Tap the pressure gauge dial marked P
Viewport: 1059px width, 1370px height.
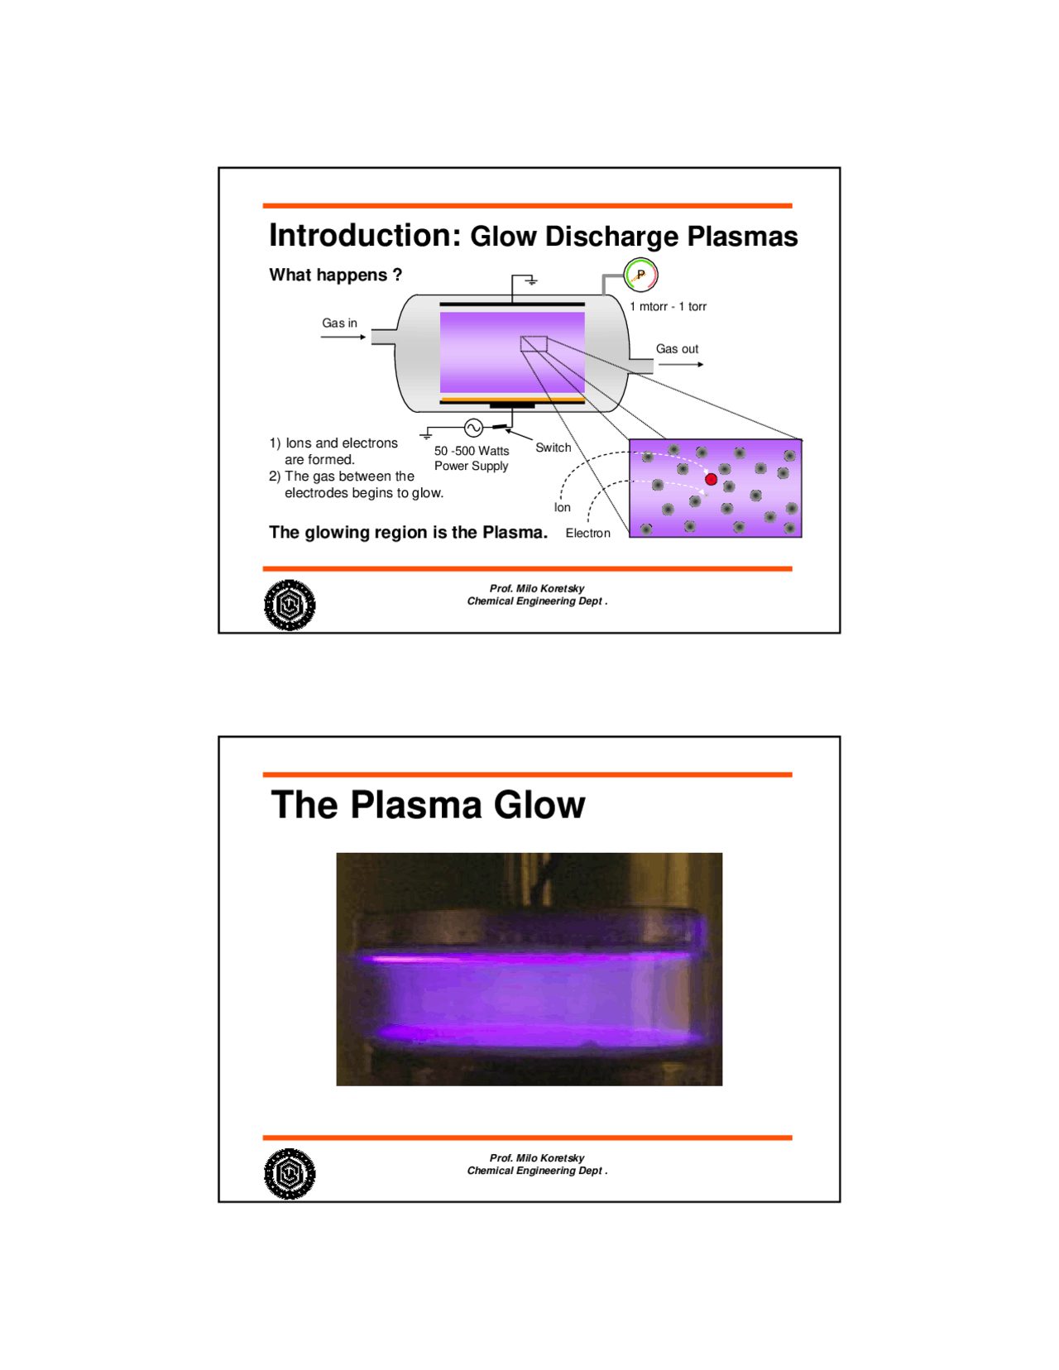(640, 275)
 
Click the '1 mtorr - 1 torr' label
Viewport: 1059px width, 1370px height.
(668, 307)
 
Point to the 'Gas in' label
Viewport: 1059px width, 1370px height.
(339, 323)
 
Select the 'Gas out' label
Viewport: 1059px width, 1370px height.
(677, 349)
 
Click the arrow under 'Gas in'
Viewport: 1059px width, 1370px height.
(343, 338)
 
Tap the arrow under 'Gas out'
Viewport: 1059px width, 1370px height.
(680, 365)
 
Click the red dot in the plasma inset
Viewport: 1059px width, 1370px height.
(711, 479)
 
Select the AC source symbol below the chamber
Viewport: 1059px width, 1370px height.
(473, 428)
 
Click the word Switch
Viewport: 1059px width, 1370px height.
(553, 448)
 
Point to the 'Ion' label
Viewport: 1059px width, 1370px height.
(562, 508)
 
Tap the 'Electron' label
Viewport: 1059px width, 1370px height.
(587, 534)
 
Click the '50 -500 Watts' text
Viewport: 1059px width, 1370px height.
(472, 451)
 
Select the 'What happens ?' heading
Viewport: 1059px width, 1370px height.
(335, 275)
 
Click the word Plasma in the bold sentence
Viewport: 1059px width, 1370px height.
(514, 533)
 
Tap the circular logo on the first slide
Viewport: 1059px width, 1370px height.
(290, 605)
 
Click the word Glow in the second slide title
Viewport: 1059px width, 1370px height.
(539, 805)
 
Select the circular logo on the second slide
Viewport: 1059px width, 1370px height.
(290, 1174)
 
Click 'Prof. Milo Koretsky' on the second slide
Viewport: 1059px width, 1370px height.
(536, 1158)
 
